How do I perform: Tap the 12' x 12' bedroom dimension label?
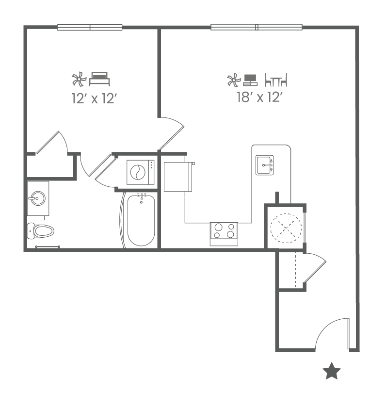pyautogui.click(x=94, y=99)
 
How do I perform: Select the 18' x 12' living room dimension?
pyautogui.click(x=259, y=98)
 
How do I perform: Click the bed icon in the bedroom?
pyautogui.click(x=100, y=78)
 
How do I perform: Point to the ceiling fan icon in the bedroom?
pyautogui.click(x=79, y=79)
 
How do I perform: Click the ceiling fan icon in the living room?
pyautogui.click(x=233, y=79)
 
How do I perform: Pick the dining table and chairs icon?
pyautogui.click(x=276, y=80)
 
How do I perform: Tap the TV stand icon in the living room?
pyautogui.click(x=250, y=80)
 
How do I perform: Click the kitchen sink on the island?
pyautogui.click(x=265, y=165)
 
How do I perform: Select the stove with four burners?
pyautogui.click(x=224, y=234)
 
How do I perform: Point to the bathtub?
pyautogui.click(x=141, y=220)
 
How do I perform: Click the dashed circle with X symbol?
pyautogui.click(x=286, y=228)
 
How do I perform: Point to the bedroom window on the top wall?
pyautogui.click(x=90, y=28)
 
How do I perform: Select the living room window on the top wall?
pyautogui.click(x=257, y=27)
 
